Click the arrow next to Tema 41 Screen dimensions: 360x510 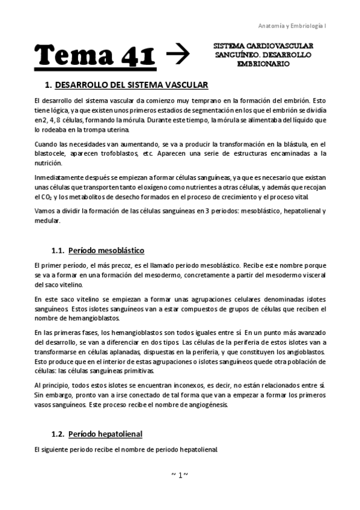tap(177, 55)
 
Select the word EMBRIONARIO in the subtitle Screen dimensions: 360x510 tap(264, 63)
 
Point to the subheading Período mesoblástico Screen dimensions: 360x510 tap(106, 250)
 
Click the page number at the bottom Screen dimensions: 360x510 tap(180, 475)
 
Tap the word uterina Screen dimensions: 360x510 tap(113, 131)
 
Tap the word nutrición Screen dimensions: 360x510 tap(48, 163)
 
